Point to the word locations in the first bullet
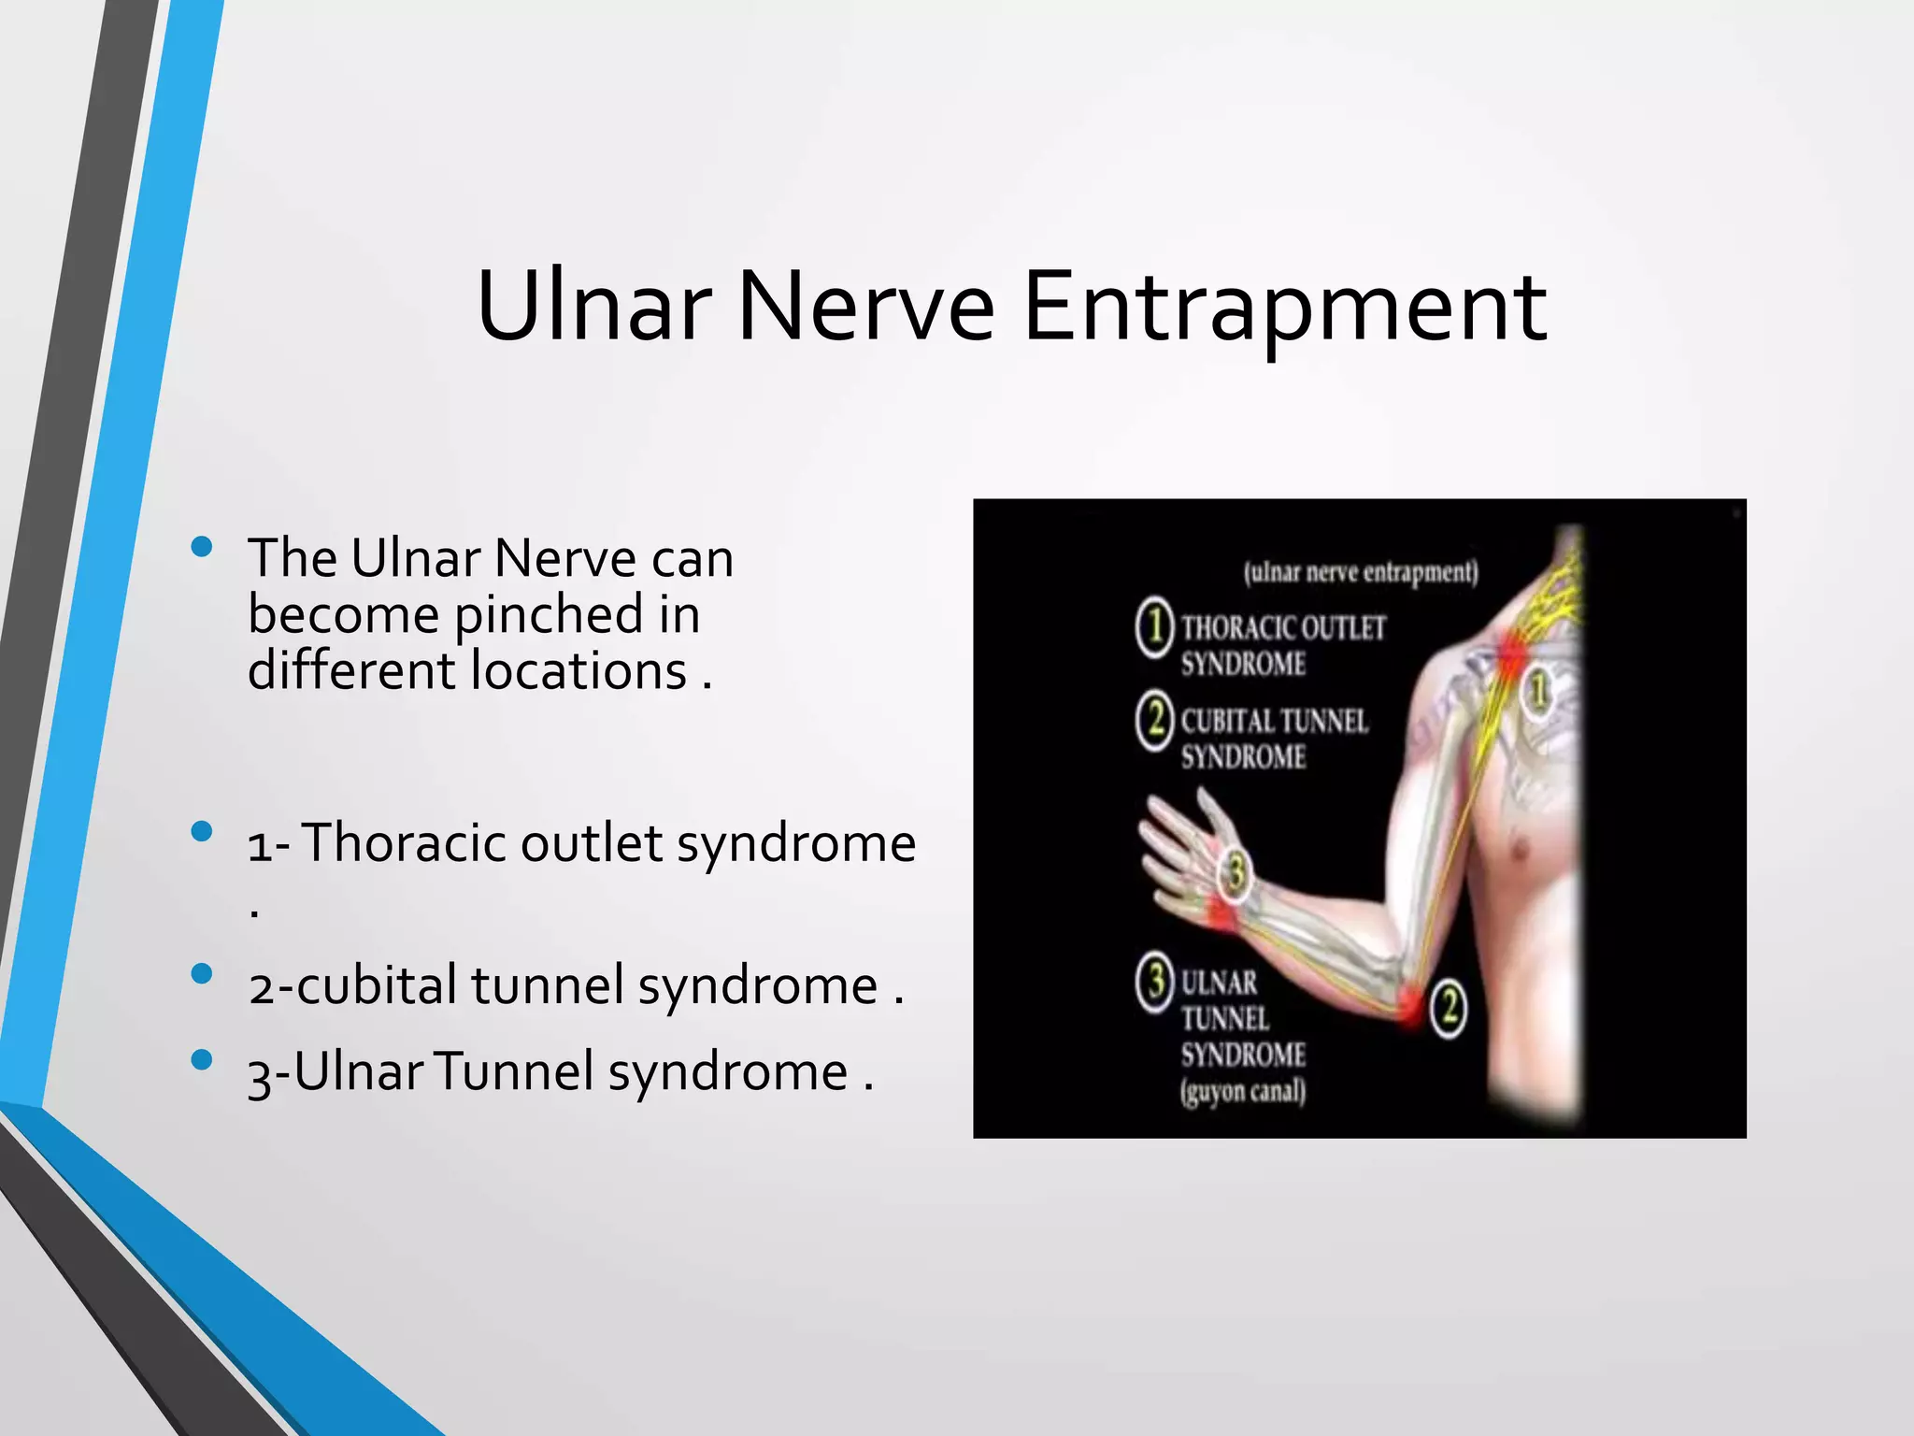(579, 671)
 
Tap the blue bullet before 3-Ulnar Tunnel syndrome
(201, 1060)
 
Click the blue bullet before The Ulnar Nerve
(201, 548)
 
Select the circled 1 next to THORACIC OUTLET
(1155, 626)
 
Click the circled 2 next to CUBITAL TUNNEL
(1155, 721)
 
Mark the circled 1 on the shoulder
(1538, 692)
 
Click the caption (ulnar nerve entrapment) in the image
(1361, 571)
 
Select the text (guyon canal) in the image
(1242, 1091)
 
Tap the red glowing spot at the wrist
(1220, 912)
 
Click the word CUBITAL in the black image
(1223, 721)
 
